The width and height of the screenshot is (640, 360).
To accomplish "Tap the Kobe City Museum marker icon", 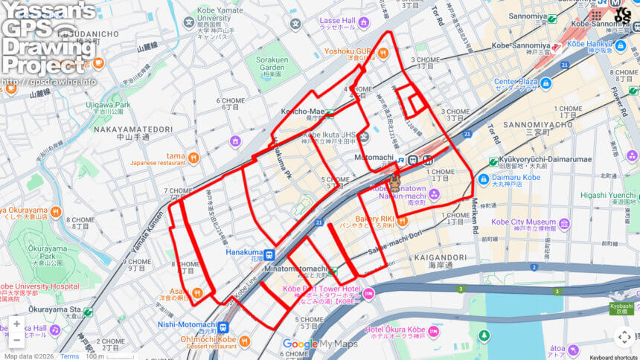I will [x=565, y=222].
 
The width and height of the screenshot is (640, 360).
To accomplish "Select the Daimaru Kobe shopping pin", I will [x=484, y=179].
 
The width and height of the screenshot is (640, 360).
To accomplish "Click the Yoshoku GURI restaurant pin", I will [x=383, y=52].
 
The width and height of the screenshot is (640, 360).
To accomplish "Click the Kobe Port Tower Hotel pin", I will [x=368, y=292].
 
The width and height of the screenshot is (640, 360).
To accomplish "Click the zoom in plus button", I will [x=16, y=324].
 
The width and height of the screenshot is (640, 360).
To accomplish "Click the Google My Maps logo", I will [x=320, y=344].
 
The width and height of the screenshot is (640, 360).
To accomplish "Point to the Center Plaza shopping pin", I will [x=545, y=83].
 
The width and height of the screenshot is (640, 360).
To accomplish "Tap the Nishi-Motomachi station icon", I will [x=223, y=326].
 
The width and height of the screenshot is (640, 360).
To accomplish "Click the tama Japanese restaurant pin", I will [x=193, y=157].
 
